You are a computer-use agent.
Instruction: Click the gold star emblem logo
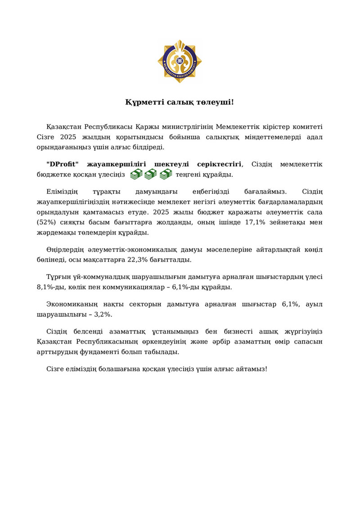180,61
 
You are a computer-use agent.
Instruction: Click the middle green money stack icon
151,174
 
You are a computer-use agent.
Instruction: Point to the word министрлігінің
183,126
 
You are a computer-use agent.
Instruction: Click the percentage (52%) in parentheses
45,222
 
